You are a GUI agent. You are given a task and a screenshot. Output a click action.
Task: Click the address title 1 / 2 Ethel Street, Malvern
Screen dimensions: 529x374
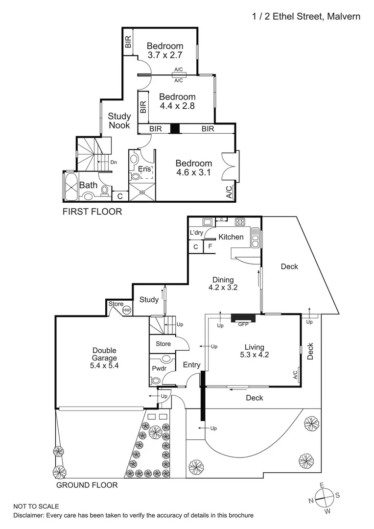[x=306, y=17]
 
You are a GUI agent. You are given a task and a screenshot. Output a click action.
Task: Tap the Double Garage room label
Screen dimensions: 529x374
[x=104, y=358]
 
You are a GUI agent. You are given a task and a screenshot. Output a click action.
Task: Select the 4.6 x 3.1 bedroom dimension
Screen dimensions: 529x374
[x=194, y=172]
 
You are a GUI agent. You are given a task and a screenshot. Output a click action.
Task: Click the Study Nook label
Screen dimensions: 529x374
[x=119, y=120]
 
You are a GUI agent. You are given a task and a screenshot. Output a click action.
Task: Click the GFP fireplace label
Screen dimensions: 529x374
[x=243, y=324]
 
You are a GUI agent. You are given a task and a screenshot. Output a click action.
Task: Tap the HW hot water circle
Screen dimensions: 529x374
[x=126, y=310]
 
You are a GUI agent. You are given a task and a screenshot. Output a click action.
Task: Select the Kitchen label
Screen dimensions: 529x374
[x=231, y=237]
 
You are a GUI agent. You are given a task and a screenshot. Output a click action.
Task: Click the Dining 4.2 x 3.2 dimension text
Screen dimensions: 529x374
[x=223, y=288]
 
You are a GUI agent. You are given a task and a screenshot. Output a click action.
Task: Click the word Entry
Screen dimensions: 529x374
[x=191, y=365]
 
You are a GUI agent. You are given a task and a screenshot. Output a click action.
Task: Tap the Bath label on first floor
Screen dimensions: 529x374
[x=88, y=185]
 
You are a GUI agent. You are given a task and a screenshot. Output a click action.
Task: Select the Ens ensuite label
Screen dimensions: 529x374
[x=144, y=169]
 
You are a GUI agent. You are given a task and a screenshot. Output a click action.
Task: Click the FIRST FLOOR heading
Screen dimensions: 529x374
[x=92, y=212]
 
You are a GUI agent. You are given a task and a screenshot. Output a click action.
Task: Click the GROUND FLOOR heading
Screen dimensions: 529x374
[x=87, y=485]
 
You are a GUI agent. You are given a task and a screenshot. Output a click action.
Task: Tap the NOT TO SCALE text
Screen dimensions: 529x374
[x=36, y=506]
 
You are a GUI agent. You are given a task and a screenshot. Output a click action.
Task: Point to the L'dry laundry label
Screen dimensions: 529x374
[x=196, y=233]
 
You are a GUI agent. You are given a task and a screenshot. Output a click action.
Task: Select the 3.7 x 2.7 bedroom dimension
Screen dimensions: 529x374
[x=165, y=55]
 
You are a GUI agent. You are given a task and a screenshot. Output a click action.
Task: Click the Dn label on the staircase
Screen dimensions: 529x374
[x=114, y=162]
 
